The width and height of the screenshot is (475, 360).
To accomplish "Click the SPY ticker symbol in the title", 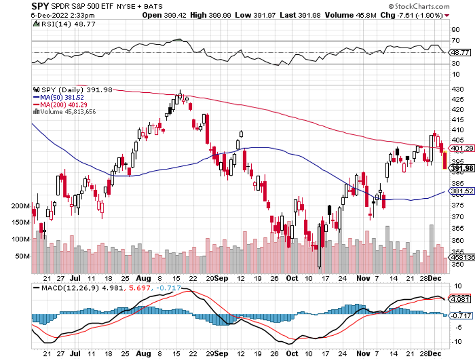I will click(x=40, y=6).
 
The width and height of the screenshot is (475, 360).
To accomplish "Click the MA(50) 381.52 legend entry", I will click(x=58, y=97).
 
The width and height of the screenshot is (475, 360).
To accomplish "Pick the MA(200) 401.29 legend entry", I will click(x=60, y=104).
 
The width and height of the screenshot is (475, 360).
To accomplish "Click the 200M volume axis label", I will click(x=21, y=206).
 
